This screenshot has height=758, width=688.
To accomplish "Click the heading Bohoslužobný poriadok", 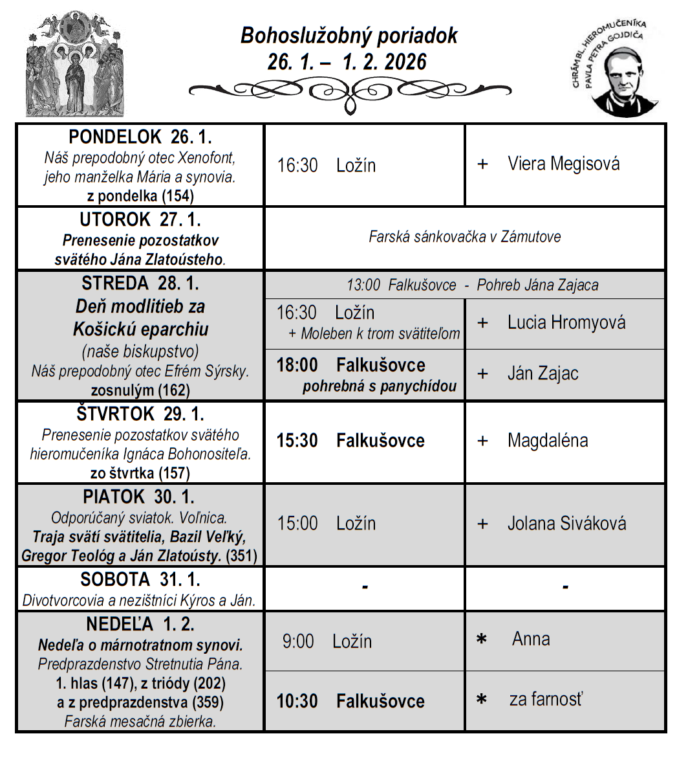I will pyautogui.click(x=349, y=35).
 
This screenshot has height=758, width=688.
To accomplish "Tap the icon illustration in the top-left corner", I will pyautogui.click(x=75, y=63).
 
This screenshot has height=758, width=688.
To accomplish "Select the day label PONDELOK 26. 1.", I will pyautogui.click(x=140, y=137).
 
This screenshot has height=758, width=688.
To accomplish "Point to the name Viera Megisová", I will pyautogui.click(x=563, y=164).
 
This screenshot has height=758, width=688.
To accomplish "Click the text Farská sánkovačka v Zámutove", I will pyautogui.click(x=465, y=237).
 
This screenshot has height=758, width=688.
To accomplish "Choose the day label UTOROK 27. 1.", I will pyautogui.click(x=140, y=219).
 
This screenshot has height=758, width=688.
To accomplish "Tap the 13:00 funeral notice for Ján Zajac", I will pyautogui.click(x=473, y=285).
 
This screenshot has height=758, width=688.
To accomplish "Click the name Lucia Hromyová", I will pyautogui.click(x=566, y=322).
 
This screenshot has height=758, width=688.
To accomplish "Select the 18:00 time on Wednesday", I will pyautogui.click(x=297, y=365).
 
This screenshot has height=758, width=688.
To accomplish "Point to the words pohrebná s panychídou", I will pyautogui.click(x=380, y=386).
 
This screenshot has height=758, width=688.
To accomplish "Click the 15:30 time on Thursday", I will pyautogui.click(x=297, y=441).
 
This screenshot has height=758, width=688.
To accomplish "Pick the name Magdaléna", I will pyautogui.click(x=548, y=441).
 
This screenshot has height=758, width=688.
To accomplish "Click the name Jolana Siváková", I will pyautogui.click(x=566, y=523).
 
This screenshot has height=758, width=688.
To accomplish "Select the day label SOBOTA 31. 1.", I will pyautogui.click(x=140, y=579).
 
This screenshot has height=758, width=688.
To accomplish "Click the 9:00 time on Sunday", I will pyautogui.click(x=298, y=641).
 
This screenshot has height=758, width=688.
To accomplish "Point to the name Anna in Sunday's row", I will pyautogui.click(x=531, y=639).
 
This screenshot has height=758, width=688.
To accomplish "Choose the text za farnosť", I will pyautogui.click(x=546, y=699).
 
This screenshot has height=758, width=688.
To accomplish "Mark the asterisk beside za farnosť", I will pyautogui.click(x=481, y=700).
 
